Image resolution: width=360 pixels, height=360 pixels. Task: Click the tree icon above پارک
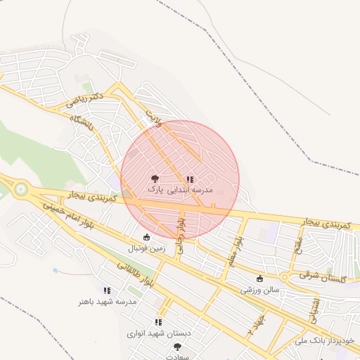point(155,179)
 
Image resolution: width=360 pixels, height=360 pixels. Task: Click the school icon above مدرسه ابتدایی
point(190,179)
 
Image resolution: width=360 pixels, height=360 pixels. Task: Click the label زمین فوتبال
point(146,248)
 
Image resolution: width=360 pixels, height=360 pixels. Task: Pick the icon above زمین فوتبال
point(146,237)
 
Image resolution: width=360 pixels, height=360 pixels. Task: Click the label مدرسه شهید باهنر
point(107,302)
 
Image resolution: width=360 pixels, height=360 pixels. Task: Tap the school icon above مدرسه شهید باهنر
point(107,290)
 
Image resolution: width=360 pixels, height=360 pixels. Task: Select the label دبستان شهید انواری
point(159,333)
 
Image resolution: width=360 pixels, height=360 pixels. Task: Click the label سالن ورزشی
point(260,289)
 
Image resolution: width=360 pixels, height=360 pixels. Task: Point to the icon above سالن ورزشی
point(260,278)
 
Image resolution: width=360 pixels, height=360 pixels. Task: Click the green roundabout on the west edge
point(21,188)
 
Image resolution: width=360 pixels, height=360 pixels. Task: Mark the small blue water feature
point(55,270)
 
